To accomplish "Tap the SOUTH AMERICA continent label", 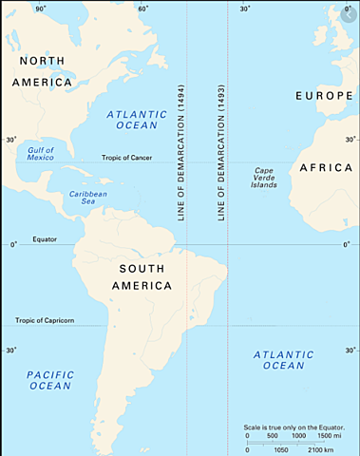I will tap(137, 276).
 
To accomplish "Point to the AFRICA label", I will tap(326, 168).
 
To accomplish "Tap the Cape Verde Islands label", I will tap(265, 178).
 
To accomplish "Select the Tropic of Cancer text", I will tap(127, 158).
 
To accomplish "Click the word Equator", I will tap(45, 239).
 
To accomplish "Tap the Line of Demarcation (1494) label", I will tap(180, 152).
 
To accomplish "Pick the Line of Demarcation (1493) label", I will tap(220, 152).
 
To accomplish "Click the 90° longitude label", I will tap(40, 9).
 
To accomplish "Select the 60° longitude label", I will tap(142, 9).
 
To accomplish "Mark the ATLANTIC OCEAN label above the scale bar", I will tap(283, 360).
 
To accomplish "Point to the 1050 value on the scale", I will tap(280, 450).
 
